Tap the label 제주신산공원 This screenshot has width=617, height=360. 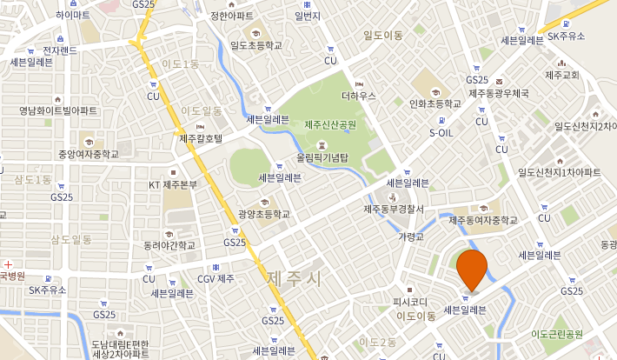point(330,125)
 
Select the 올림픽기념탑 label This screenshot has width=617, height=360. point(322,158)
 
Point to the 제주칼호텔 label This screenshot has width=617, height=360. point(201,138)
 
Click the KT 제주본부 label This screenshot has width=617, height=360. point(174,184)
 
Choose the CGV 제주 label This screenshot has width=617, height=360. point(216,278)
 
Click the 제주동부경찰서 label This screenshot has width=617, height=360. point(394,209)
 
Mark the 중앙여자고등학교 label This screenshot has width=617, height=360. point(88,154)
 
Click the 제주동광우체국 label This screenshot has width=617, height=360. point(500,93)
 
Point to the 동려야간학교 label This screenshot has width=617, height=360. point(170,244)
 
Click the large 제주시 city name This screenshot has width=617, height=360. point(295,279)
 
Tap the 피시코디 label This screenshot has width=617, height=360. point(410,302)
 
